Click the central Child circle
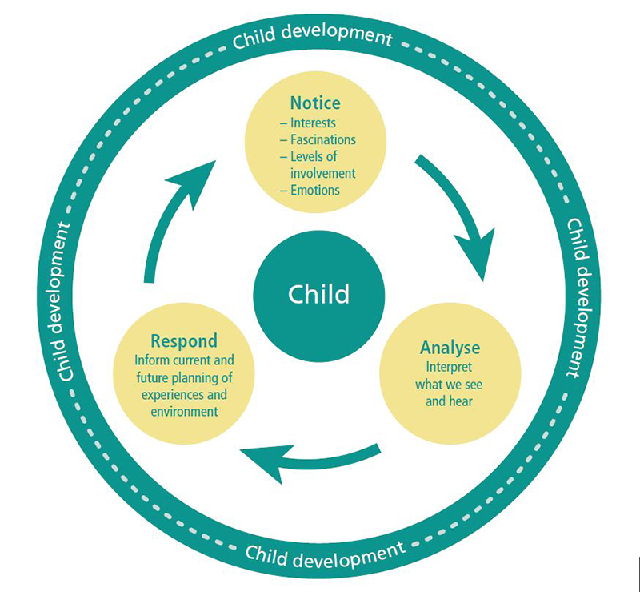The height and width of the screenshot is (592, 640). [x=319, y=293]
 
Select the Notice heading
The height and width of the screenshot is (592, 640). [x=315, y=103]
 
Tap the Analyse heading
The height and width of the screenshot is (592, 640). [x=450, y=348]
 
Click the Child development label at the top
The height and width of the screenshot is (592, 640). [x=313, y=37]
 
